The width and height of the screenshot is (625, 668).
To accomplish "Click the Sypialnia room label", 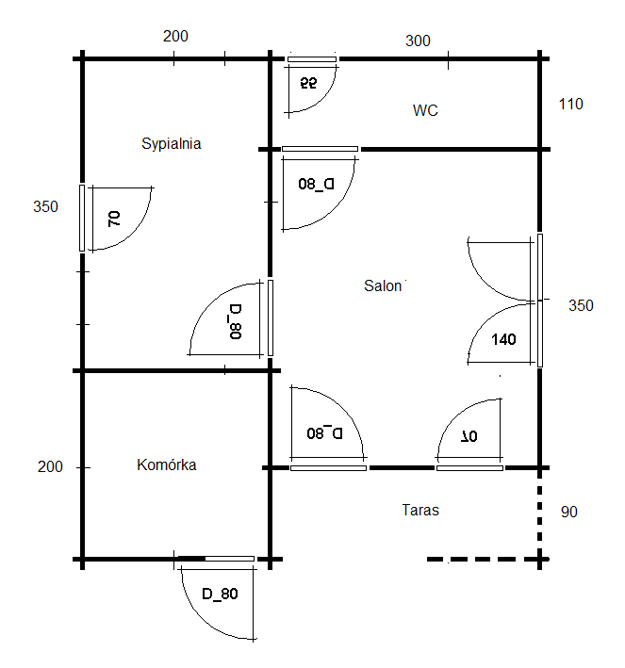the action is click(171, 144).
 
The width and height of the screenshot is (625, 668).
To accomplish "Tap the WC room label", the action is click(425, 110).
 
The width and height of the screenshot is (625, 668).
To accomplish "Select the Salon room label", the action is click(383, 285).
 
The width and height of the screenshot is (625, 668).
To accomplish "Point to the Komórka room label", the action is click(166, 464).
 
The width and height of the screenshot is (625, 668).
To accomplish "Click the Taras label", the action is click(420, 510).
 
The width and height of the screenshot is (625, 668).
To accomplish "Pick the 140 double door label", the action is click(503, 339).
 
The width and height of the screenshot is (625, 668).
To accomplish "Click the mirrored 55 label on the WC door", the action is click(308, 83).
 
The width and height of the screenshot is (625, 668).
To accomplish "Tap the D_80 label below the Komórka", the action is click(220, 594).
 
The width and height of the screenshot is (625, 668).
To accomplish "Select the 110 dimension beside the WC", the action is click(571, 104).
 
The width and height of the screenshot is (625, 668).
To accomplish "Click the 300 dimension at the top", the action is click(418, 41).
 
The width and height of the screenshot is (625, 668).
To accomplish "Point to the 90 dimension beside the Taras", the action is click(568, 512).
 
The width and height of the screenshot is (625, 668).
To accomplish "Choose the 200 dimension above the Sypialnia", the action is click(175, 36).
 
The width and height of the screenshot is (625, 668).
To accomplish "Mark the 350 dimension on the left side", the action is click(45, 206).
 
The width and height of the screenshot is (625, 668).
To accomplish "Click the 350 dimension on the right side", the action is click(581, 305).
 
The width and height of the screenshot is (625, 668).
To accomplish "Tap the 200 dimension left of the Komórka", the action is click(50, 467).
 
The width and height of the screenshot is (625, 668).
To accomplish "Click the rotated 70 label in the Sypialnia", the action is click(114, 219).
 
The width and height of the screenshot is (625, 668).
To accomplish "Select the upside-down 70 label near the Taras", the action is click(469, 436).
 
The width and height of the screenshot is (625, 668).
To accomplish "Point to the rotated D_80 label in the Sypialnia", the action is click(236, 321).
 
